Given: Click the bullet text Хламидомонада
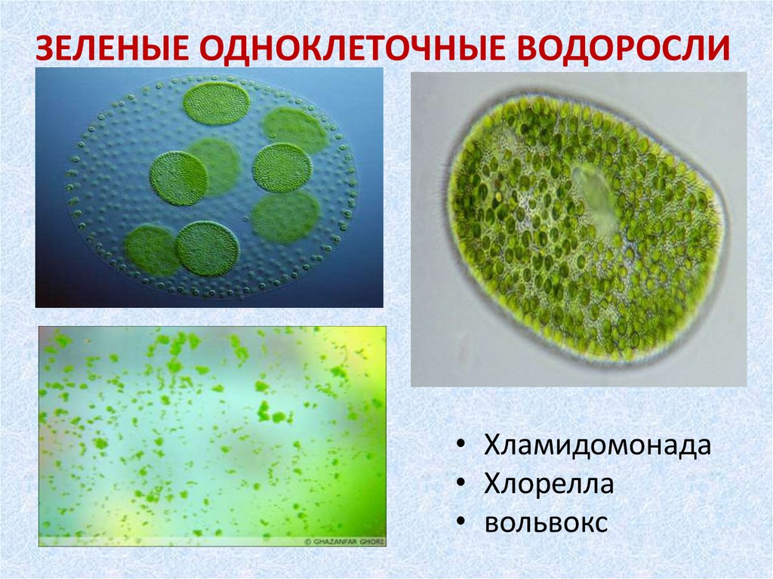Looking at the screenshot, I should coord(598,445).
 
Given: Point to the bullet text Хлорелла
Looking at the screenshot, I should coord(549,485).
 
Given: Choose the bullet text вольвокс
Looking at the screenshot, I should coord(546,523).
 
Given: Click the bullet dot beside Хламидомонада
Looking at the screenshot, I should coord(460,446).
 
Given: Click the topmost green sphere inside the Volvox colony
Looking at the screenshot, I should coord(216,103).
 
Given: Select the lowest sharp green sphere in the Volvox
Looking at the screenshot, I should coord(208,248).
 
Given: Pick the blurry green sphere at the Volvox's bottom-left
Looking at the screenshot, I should coord(150,250).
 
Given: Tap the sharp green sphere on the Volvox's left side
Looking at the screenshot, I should coord(178,178).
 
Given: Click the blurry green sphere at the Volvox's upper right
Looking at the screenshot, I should coord(294,129).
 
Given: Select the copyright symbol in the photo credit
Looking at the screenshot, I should coord(307,541).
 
